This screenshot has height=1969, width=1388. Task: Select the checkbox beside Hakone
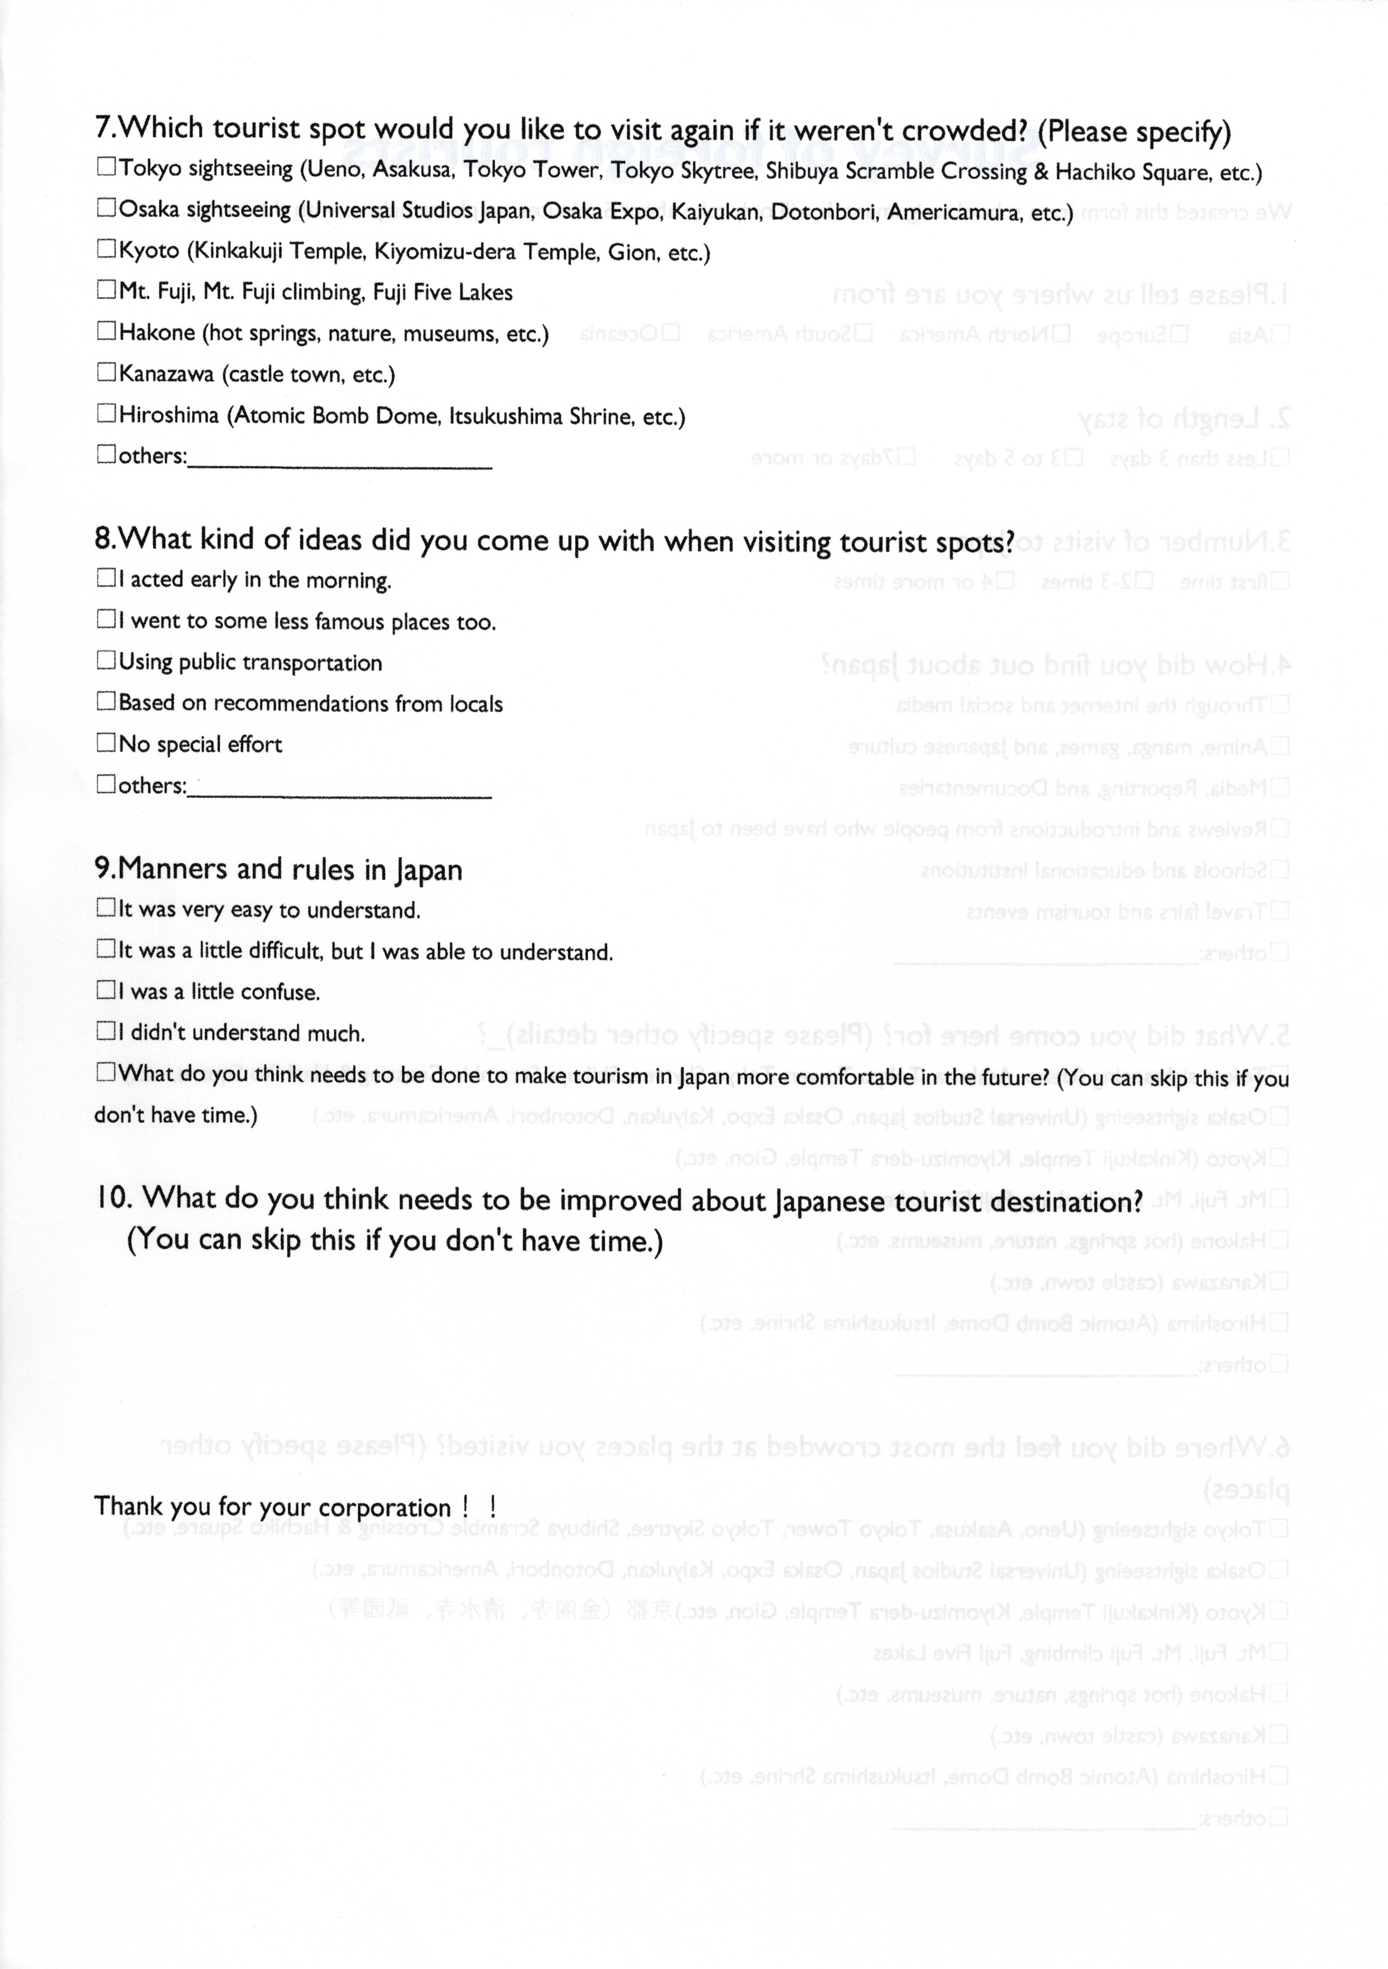pyautogui.click(x=106, y=331)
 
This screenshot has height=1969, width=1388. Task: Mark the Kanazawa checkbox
pyautogui.click(x=106, y=372)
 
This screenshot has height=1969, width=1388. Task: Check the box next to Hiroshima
pyautogui.click(x=106, y=413)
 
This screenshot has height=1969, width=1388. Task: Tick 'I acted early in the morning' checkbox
pyautogui.click(x=106, y=578)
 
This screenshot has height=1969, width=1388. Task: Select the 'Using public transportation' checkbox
pyautogui.click(x=106, y=660)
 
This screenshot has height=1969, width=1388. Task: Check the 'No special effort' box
pyautogui.click(x=106, y=743)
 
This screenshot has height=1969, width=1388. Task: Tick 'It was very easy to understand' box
pyautogui.click(x=106, y=907)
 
